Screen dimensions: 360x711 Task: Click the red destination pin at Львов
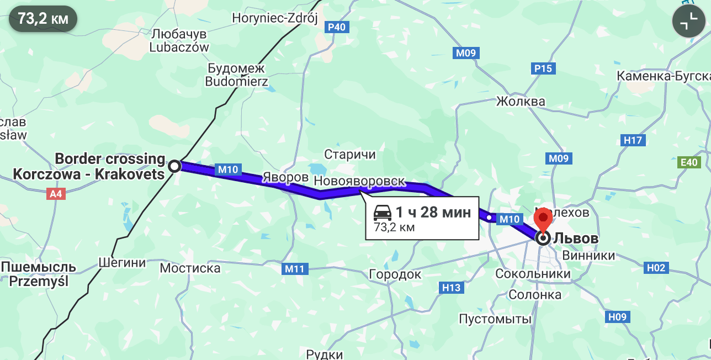[543, 218]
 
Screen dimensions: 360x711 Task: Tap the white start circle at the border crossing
[174, 166]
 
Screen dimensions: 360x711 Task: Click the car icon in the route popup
[383, 212]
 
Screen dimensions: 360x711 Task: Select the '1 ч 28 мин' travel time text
[433, 212]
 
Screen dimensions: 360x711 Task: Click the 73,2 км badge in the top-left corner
[43, 19]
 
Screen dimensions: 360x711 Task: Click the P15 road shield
[543, 68]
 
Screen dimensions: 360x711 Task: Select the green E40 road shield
[689, 162]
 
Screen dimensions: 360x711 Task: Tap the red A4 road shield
[57, 194]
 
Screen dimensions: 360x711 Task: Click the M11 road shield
[295, 269]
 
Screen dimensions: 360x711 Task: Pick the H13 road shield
[451, 287]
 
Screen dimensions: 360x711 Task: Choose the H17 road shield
[633, 140]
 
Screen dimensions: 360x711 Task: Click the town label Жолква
[521, 101]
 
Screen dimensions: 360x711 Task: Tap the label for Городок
[395, 274]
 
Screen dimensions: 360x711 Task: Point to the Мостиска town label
[190, 268]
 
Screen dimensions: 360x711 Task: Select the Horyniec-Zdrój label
[275, 18]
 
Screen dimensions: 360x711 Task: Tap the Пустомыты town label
[495, 319]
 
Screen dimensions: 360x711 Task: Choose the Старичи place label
[349, 155]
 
